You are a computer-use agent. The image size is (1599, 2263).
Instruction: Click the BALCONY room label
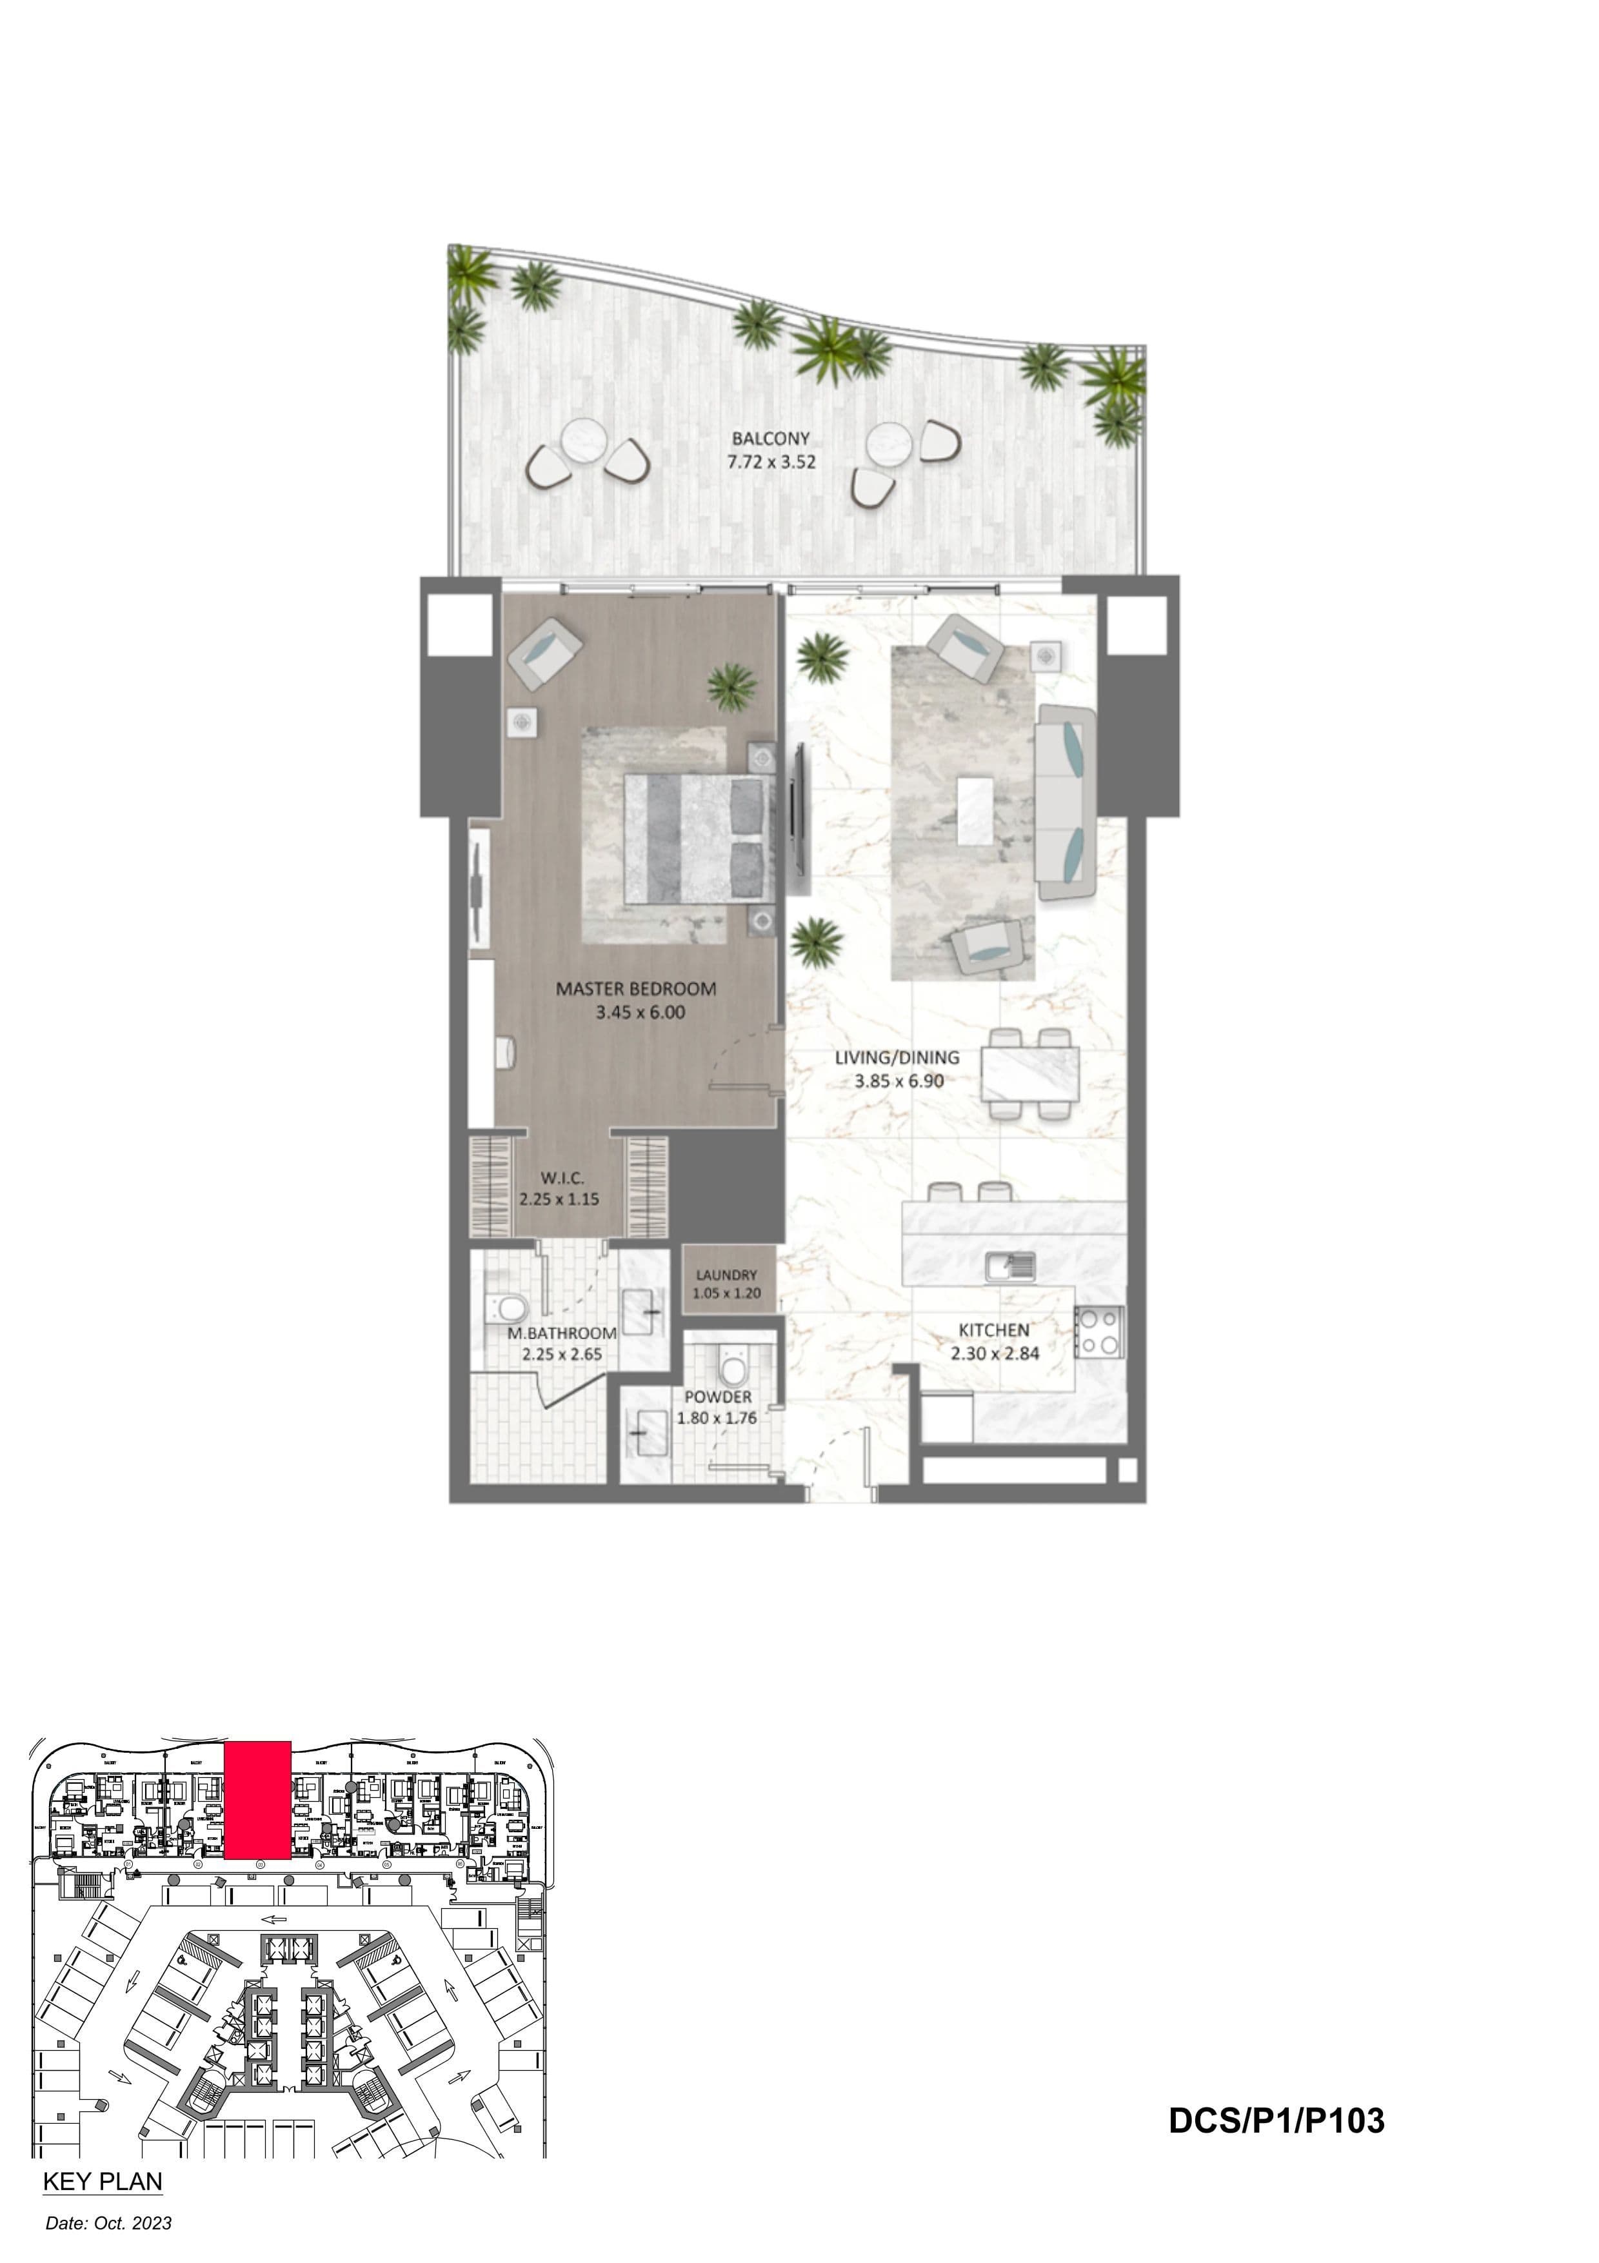(x=770, y=439)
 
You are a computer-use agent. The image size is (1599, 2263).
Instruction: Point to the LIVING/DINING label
(x=897, y=1057)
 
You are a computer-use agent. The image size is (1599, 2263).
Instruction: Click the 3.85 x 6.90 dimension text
(x=899, y=1081)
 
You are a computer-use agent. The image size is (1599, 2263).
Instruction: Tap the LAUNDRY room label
(x=726, y=1275)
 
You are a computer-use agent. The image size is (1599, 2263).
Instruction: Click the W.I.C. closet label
(x=562, y=1178)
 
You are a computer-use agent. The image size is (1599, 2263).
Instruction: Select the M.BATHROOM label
(x=562, y=1333)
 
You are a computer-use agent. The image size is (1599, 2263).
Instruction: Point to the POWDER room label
(x=718, y=1398)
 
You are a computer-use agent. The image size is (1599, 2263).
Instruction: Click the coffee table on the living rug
(x=975, y=810)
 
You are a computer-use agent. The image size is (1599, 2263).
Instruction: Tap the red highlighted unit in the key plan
(x=257, y=1800)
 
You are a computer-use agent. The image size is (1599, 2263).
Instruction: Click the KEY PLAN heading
(x=103, y=2182)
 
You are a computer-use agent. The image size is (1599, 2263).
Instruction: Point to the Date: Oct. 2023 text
(x=108, y=2224)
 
